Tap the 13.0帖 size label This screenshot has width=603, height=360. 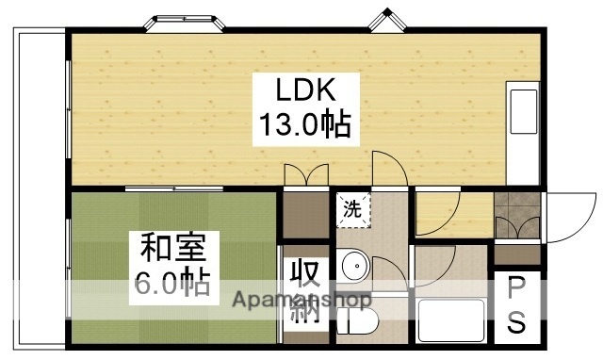305,124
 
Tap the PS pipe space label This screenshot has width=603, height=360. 517,306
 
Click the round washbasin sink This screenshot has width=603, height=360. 356,267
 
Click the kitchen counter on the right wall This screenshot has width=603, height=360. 522,132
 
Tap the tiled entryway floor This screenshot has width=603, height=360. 516,205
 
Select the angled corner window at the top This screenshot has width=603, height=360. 386,20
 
